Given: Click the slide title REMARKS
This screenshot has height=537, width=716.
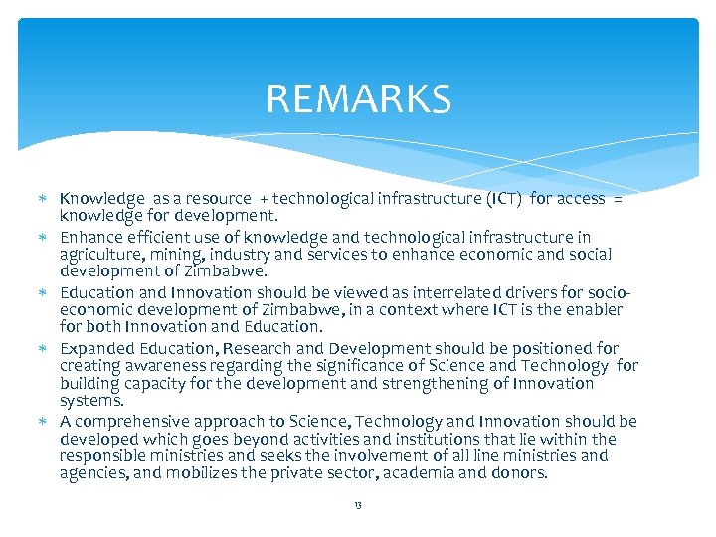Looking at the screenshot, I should point(358,99).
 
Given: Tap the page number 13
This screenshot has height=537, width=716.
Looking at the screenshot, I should point(357,505).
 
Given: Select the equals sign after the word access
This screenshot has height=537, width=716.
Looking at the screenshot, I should point(617,199).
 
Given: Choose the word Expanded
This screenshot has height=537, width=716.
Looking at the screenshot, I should point(96,348).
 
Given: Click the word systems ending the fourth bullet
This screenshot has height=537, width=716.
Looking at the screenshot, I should point(90,401).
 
